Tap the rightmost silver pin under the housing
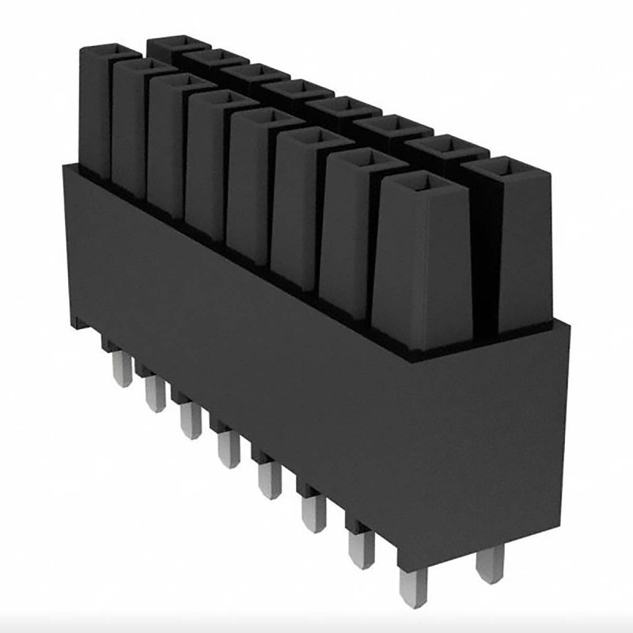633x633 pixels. coord(490,563)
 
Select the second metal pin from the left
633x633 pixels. coord(155,393)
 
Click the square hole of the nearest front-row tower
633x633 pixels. coord(426,184)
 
